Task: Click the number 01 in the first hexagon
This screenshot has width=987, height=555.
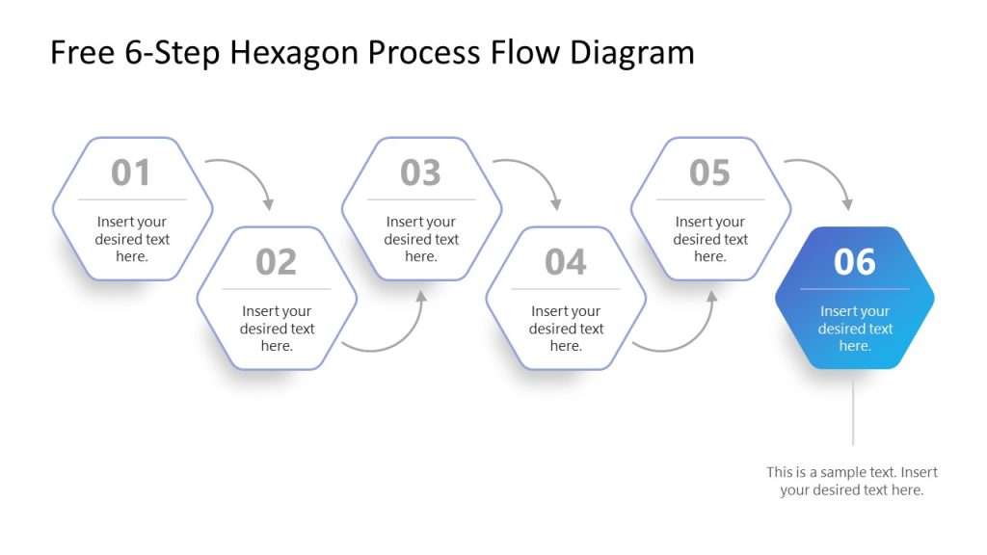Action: click(x=131, y=173)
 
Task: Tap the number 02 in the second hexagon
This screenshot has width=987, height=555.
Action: click(x=277, y=262)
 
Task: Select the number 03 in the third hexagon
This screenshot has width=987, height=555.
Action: click(x=420, y=173)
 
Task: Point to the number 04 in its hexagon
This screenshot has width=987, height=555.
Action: click(x=565, y=262)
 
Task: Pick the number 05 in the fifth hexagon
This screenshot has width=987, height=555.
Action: click(x=709, y=173)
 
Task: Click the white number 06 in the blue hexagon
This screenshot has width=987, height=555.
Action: click(x=854, y=262)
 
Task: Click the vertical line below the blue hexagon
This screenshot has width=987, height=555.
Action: click(x=853, y=410)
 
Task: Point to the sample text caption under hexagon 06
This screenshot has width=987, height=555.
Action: click(x=852, y=481)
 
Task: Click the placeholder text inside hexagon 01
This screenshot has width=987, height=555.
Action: click(x=132, y=239)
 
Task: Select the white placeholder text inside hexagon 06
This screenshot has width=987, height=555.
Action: click(x=855, y=329)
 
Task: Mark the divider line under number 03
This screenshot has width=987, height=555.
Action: click(x=421, y=200)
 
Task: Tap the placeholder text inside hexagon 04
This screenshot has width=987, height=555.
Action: click(x=566, y=329)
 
